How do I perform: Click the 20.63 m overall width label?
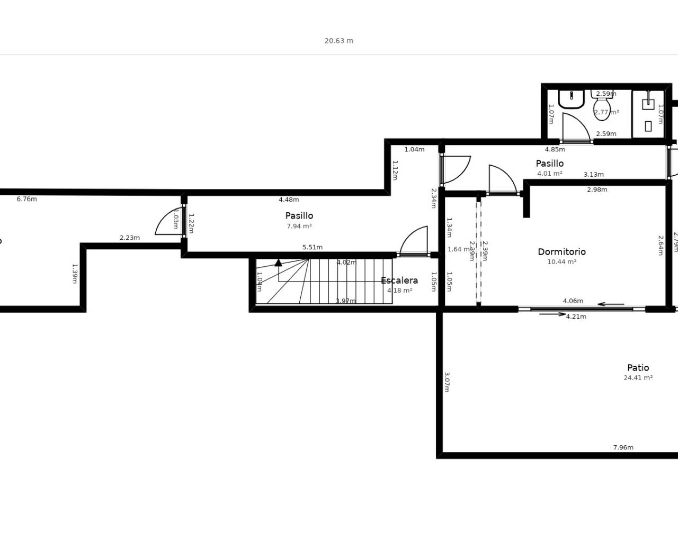pyautogui.click(x=338, y=41)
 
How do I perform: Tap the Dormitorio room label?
pyautogui.click(x=561, y=252)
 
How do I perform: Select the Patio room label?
pyautogui.click(x=638, y=368)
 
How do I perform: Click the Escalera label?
pyautogui.click(x=399, y=281)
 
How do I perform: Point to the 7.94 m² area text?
pyautogui.click(x=299, y=226)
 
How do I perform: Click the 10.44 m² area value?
pyautogui.click(x=561, y=262)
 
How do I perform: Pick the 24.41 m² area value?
pyautogui.click(x=638, y=378)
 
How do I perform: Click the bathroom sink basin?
pyautogui.click(x=571, y=98)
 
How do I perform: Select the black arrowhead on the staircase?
pyautogui.click(x=278, y=263)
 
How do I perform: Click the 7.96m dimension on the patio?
pyautogui.click(x=623, y=447)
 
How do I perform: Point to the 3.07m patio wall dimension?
pyautogui.click(x=447, y=382)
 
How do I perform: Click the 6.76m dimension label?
pyautogui.click(x=26, y=199)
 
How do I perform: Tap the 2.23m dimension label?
pyautogui.click(x=129, y=238)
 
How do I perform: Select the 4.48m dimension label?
pyautogui.click(x=289, y=200)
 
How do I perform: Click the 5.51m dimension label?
pyautogui.click(x=313, y=247)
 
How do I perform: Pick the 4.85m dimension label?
pyautogui.click(x=555, y=149)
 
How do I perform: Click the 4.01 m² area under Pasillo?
pyautogui.click(x=549, y=174)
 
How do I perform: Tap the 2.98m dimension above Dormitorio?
pyautogui.click(x=597, y=189)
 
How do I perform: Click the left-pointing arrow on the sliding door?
pyautogui.click(x=611, y=304)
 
